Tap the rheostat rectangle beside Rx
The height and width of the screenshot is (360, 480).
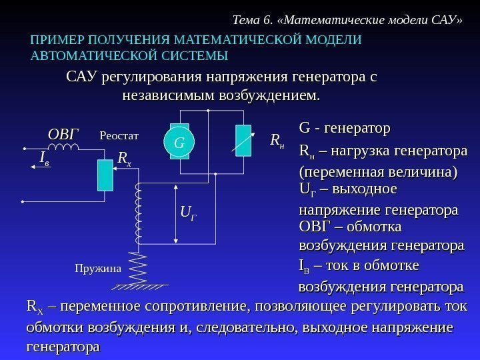(x=105, y=176)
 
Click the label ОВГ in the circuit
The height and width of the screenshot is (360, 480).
(x=63, y=133)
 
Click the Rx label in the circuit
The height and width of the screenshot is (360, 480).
(x=125, y=159)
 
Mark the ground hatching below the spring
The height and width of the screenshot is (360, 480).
(x=140, y=287)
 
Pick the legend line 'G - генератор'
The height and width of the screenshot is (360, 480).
(x=344, y=127)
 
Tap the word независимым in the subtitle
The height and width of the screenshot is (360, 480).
(x=167, y=97)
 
